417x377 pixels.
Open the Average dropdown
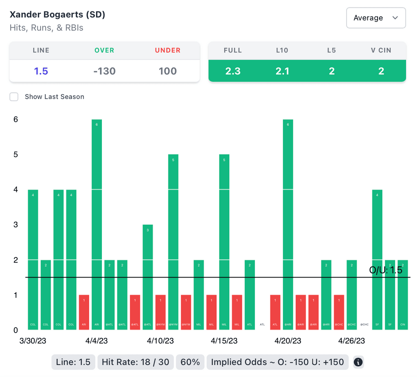point(375,18)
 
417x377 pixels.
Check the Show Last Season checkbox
point(14,97)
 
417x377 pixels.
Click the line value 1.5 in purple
point(41,71)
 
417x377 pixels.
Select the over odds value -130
point(104,71)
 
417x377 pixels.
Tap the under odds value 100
point(167,71)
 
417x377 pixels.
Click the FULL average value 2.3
point(233,71)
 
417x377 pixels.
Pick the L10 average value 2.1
point(282,71)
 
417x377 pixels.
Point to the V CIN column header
point(381,51)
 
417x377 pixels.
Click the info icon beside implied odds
point(358,362)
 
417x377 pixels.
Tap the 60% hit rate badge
point(190,362)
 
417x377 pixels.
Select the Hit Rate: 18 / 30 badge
point(136,362)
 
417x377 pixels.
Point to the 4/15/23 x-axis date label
point(224,341)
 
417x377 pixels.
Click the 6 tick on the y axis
point(15,119)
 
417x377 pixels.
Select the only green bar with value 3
point(148,277)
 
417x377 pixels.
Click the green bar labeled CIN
point(402,295)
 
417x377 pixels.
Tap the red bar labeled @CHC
point(339,312)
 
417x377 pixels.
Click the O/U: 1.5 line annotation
point(385,270)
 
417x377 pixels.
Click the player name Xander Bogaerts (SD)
point(57,15)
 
